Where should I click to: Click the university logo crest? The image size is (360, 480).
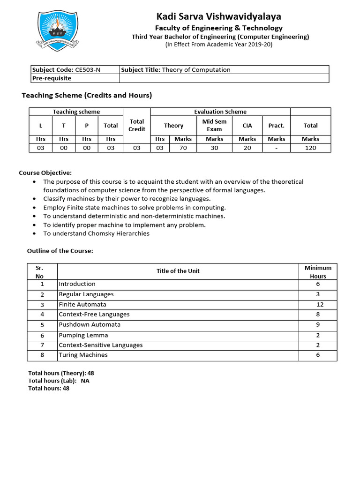(57, 30)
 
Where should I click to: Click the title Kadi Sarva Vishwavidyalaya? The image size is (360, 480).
(219, 16)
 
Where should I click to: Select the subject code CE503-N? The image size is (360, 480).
(88, 70)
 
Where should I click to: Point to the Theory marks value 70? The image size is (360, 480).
(183, 148)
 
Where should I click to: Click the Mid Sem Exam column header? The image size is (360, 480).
(214, 125)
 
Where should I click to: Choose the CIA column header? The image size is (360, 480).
(247, 126)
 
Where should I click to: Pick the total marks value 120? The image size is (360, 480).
(310, 148)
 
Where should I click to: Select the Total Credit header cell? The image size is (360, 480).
(137, 125)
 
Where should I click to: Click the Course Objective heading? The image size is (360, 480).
(45, 173)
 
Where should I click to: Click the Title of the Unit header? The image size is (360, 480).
(178, 271)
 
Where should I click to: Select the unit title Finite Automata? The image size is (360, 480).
(82, 304)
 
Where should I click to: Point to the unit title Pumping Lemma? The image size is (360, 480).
(83, 335)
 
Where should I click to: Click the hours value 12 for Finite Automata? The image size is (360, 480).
(318, 304)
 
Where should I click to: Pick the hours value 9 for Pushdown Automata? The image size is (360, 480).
(318, 324)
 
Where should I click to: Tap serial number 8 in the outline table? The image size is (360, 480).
(42, 355)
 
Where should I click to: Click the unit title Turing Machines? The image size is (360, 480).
(83, 355)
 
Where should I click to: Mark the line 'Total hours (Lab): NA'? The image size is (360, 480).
(59, 381)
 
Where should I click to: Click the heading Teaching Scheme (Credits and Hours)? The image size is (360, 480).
(87, 95)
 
